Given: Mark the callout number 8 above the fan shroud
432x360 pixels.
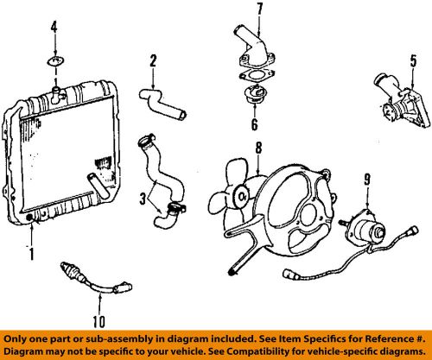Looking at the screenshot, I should coord(257,148).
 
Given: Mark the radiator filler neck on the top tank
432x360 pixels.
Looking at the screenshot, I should coord(56,90).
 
